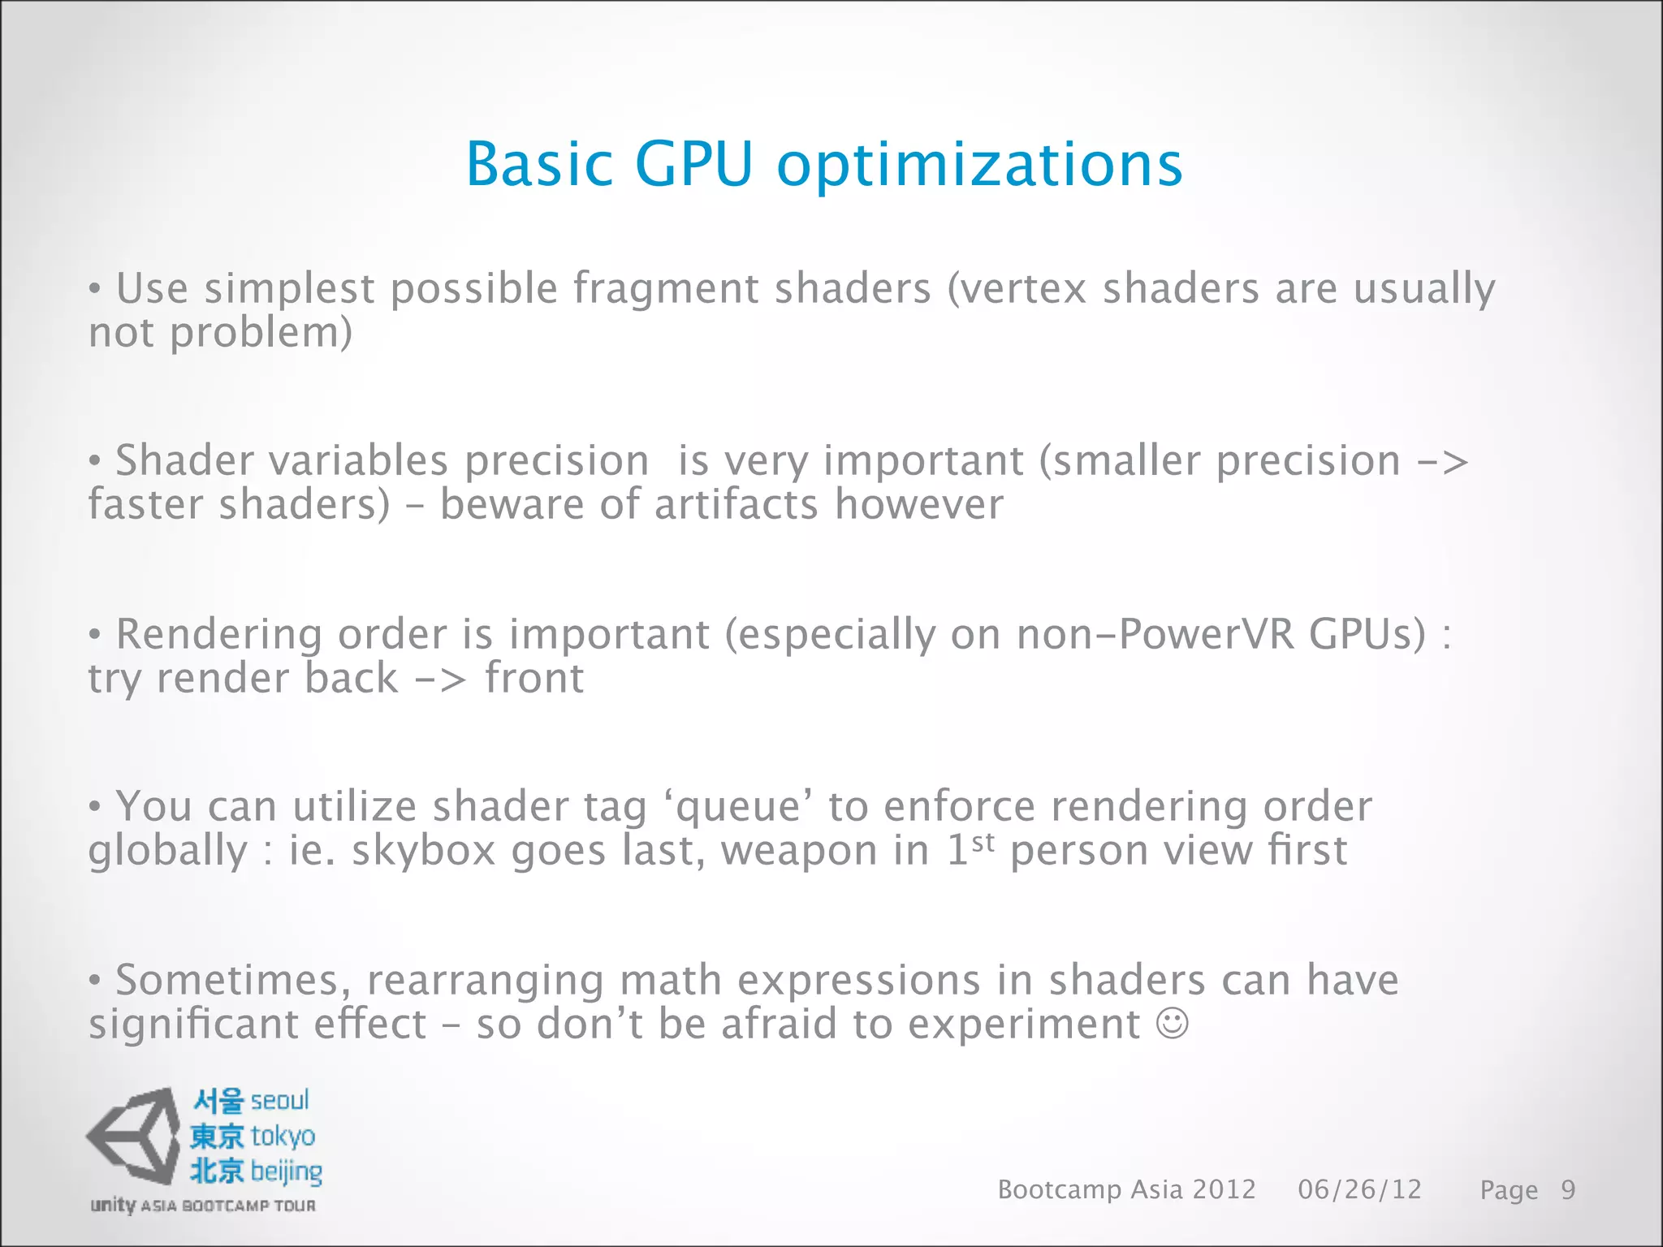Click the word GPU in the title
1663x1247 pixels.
pos(693,165)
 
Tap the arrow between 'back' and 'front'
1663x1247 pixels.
pos(441,679)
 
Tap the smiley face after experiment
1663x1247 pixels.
pos(1173,1024)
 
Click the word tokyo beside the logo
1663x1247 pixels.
pos(282,1137)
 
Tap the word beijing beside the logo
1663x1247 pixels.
pos(286,1172)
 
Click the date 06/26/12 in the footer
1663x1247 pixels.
pos(1359,1190)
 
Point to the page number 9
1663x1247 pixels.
pos(1568,1190)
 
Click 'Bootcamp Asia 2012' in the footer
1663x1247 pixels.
pos(1126,1190)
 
